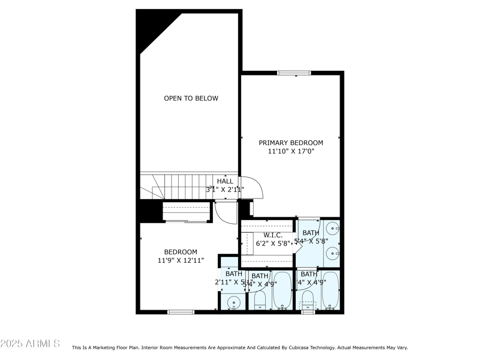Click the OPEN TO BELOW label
(x=191, y=98)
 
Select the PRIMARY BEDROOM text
(x=290, y=143)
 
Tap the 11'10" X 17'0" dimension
(x=290, y=152)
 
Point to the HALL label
(x=225, y=181)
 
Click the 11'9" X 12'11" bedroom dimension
(x=181, y=261)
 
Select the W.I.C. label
(x=273, y=235)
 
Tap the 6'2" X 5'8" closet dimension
(x=273, y=244)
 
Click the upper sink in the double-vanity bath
(x=334, y=228)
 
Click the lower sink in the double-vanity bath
(x=334, y=254)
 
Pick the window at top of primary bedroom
(x=294, y=73)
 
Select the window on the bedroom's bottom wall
(x=181, y=311)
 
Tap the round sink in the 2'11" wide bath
(x=234, y=302)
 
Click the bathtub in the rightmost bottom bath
(x=331, y=290)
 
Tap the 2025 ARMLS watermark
(x=30, y=344)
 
